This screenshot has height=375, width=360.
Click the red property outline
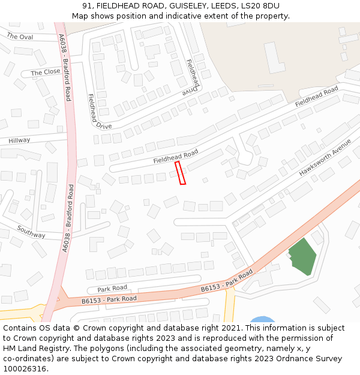point(180,173)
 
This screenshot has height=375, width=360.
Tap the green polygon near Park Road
point(303,257)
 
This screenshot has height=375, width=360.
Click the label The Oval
point(20,37)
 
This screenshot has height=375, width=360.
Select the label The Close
point(46,72)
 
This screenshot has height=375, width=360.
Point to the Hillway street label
point(19,140)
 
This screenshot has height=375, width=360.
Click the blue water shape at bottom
point(262,319)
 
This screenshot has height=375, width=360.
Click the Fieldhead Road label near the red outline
point(175,157)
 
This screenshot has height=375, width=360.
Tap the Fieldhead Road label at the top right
point(317,98)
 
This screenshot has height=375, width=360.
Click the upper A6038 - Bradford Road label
point(64,66)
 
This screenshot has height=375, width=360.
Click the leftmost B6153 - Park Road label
point(109,299)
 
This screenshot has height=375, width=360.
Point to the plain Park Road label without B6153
point(112,289)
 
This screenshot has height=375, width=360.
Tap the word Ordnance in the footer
point(298,359)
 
